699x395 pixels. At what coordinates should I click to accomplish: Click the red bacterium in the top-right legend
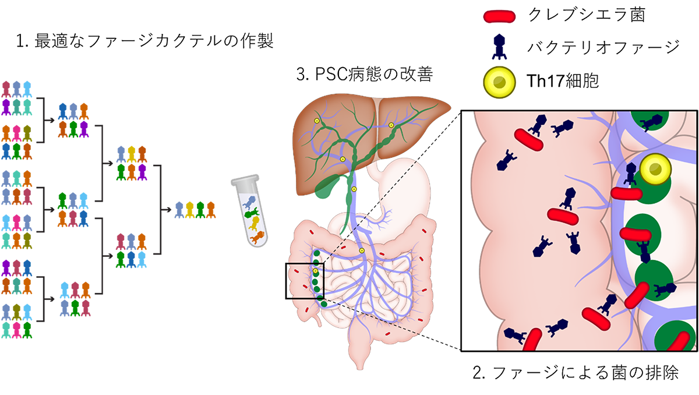pos(499,17)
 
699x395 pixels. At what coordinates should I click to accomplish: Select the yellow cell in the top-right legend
pos(500,83)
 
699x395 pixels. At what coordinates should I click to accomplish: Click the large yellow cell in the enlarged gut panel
pos(655,168)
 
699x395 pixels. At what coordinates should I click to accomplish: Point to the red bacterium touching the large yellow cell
pos(627,194)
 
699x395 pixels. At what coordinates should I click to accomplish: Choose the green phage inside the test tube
pos(254,214)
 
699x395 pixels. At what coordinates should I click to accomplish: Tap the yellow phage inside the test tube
pos(253,225)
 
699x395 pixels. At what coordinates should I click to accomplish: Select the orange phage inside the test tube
pos(256,237)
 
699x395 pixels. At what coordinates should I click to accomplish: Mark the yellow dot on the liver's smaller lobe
pos(391,125)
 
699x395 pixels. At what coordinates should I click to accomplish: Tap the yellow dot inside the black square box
pos(316,271)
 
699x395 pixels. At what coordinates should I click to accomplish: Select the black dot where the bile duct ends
pos(348,235)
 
